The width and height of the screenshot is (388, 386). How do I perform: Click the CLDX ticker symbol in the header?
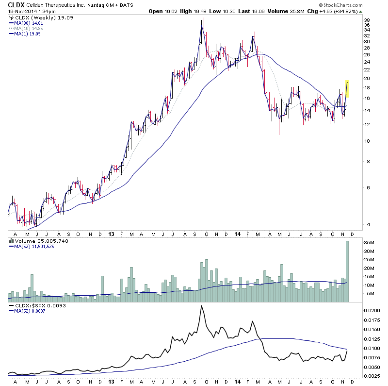pyautogui.click(x=16, y=4)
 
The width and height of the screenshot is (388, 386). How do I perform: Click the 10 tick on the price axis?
pyautogui.click(x=367, y=141)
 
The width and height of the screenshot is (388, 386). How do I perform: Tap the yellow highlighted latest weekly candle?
pyautogui.click(x=347, y=88)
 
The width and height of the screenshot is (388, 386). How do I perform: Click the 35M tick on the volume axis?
pyautogui.click(x=369, y=242)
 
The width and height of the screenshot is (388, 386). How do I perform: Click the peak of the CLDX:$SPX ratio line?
pyautogui.click(x=201, y=306)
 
